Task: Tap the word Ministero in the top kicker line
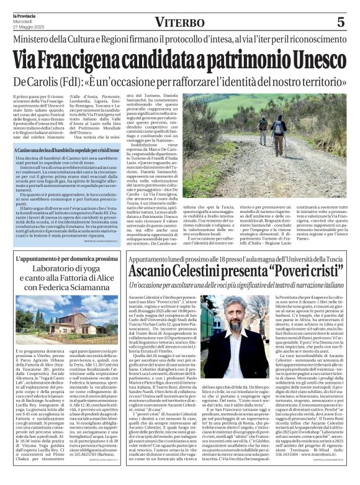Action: [35, 40]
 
